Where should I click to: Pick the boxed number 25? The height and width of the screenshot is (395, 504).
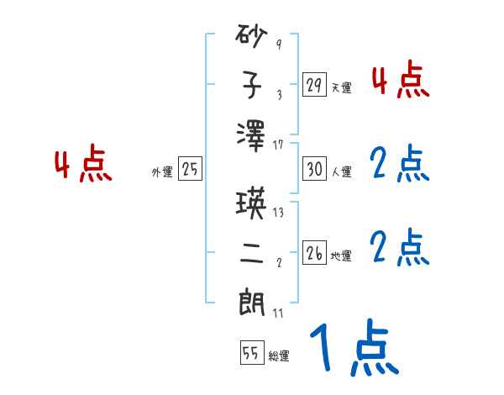[190, 169]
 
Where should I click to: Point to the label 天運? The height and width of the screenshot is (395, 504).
[342, 87]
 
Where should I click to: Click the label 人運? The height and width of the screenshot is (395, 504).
[342, 171]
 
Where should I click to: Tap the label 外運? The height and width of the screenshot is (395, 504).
[162, 171]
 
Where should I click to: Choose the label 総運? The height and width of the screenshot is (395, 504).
[279, 355]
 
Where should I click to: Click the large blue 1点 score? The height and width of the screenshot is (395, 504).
[352, 350]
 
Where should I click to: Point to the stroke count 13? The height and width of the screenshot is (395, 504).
[278, 213]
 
